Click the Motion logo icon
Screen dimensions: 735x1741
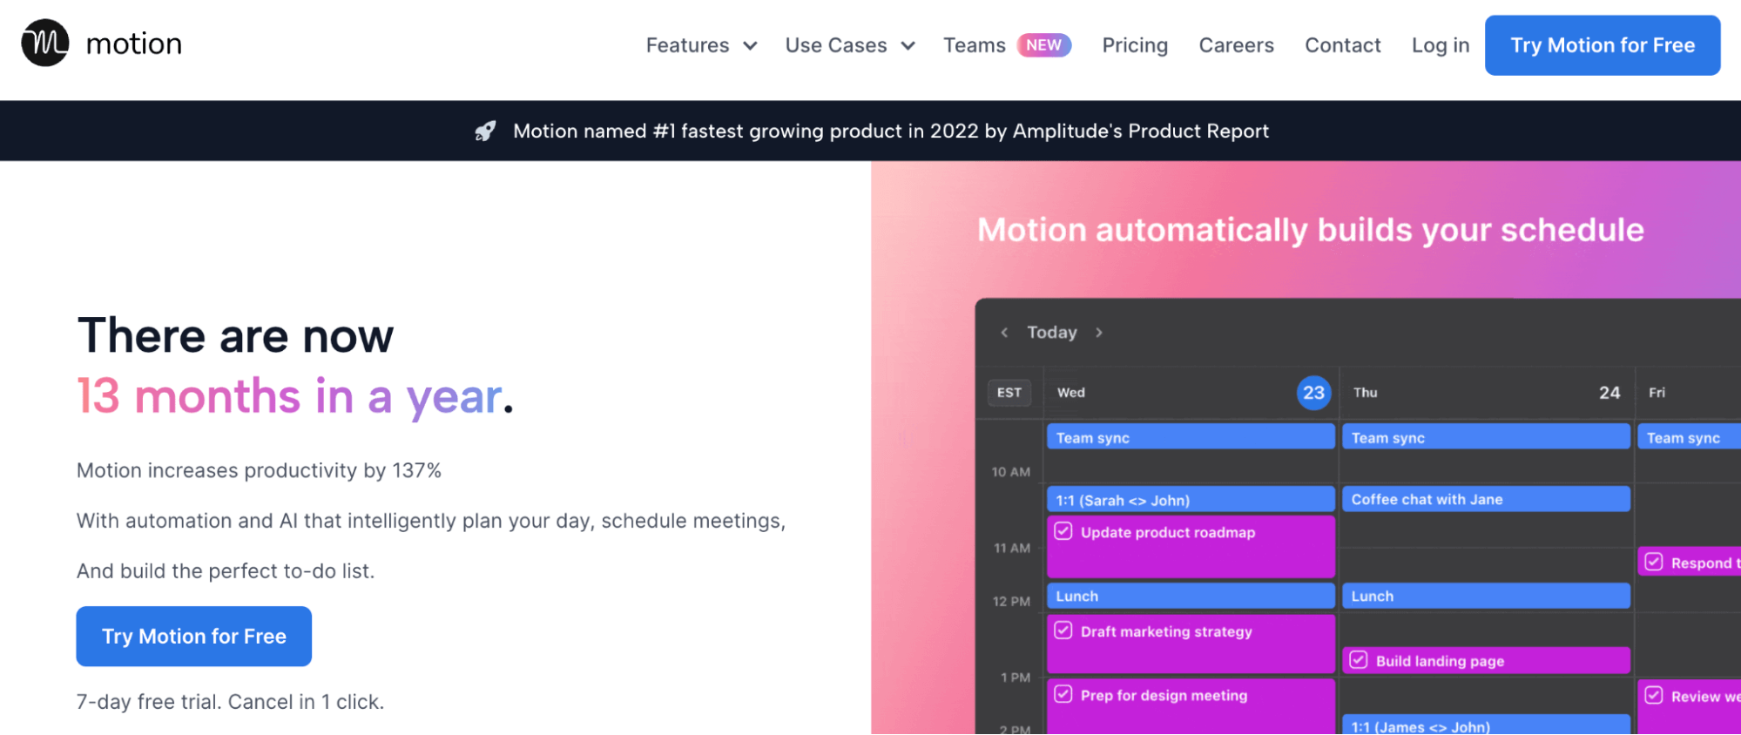pos(45,43)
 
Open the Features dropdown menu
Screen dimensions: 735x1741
pos(701,45)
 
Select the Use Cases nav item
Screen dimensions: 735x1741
pos(849,45)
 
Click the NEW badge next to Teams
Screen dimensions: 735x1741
pos(1043,45)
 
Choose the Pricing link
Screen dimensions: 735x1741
pos(1135,45)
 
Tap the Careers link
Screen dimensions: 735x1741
pos(1236,45)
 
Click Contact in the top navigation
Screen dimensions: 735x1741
pos(1342,45)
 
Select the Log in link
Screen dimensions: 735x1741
pos(1440,45)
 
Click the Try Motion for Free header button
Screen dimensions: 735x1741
pos(1602,45)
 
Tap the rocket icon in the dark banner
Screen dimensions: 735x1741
pos(485,131)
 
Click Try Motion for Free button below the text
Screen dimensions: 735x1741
pos(194,637)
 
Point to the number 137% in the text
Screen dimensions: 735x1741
pos(416,471)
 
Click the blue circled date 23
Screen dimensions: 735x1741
pos(1313,393)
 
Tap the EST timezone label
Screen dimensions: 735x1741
pos(1009,393)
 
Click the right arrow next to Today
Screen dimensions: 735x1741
pos(1099,333)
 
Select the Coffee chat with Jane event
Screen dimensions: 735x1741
pos(1485,500)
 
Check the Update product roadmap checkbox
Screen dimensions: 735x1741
pos(1063,531)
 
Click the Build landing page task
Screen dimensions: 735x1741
pos(1485,661)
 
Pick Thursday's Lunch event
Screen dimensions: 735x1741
pos(1485,597)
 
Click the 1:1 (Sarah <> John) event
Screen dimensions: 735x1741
pos(1190,501)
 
